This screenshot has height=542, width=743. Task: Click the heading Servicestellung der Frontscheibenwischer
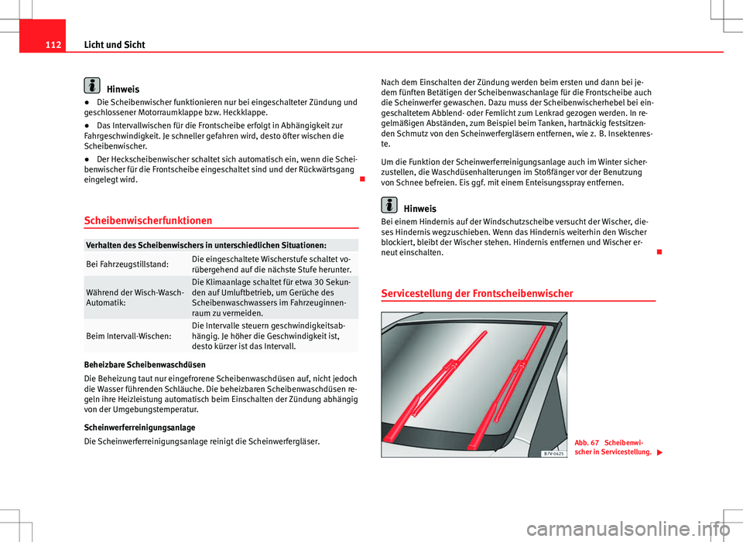pos(477,293)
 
